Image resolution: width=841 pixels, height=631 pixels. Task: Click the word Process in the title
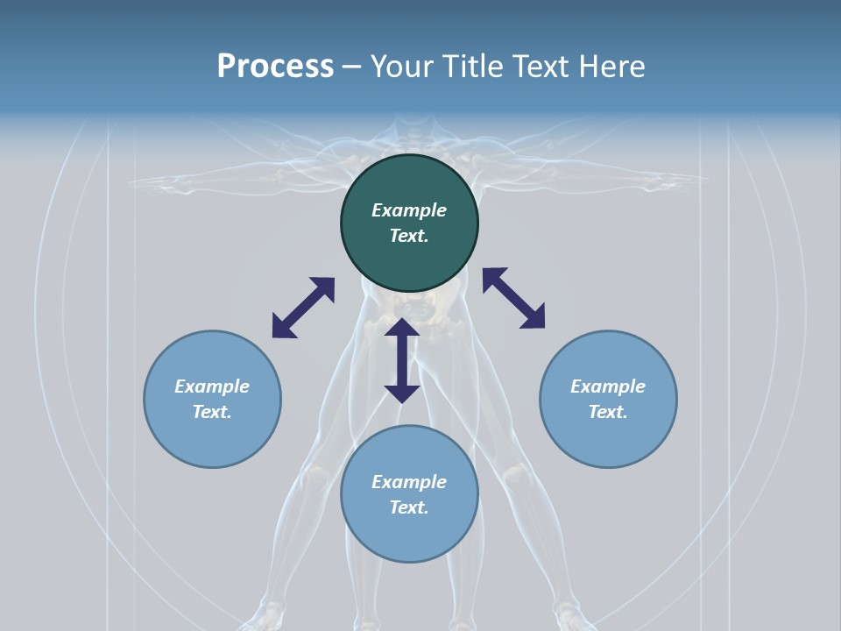pos(275,67)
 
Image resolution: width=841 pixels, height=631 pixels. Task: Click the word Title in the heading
pos(474,67)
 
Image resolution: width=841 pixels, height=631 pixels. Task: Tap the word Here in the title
pos(611,67)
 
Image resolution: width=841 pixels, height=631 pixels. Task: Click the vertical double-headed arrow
pos(402,360)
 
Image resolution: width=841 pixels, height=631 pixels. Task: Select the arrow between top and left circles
pos(303,308)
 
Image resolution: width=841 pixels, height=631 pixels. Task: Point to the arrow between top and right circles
pos(513,298)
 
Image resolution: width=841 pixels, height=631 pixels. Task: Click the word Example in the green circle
pos(409,210)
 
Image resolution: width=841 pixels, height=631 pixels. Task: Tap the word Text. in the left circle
pos(212,412)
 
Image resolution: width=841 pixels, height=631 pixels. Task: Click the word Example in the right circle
pos(608,386)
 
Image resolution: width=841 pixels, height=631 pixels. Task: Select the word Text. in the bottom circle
pos(409,507)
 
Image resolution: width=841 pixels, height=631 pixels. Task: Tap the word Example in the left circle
pos(212,386)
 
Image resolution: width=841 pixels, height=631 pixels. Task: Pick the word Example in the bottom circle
pos(409,482)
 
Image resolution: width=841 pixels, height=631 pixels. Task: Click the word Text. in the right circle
pos(608,412)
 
